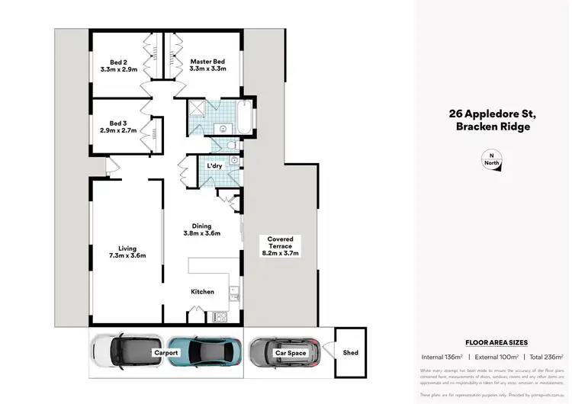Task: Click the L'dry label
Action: pyautogui.click(x=214, y=166)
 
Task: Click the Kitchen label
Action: pyautogui.click(x=202, y=292)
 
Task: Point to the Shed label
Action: pyautogui.click(x=350, y=353)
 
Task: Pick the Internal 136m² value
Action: pyautogui.click(x=443, y=357)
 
